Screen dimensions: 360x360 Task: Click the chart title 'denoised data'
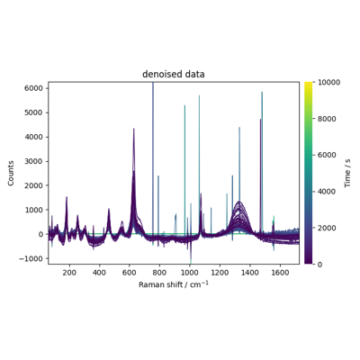174,74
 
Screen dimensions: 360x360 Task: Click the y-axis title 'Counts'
11,173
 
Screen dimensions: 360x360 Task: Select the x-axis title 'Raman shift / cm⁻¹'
174,284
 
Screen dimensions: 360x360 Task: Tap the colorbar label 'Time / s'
347,173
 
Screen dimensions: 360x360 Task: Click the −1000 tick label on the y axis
31,258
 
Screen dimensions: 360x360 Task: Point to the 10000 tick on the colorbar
328,82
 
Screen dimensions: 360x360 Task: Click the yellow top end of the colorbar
309,83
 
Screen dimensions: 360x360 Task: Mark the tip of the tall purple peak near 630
134,129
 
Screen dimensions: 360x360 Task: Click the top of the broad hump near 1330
239,202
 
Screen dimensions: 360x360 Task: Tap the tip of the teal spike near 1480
262,92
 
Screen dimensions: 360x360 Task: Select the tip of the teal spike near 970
184,105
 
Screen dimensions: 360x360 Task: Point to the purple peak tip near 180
67,197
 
